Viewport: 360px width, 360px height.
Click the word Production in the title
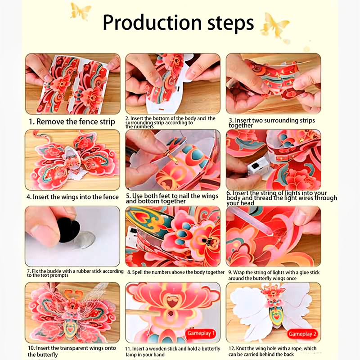tap(152, 23)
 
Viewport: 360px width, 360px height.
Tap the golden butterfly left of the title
tap(80, 11)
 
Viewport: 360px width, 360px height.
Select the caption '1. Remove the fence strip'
tap(72, 121)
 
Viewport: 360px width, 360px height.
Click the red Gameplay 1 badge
tap(201, 333)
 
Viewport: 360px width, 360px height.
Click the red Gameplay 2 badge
tap(302, 334)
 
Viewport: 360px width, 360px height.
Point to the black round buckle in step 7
tap(69, 230)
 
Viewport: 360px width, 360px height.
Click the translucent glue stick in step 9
tap(250, 221)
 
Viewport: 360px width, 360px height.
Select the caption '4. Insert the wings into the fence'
tap(72, 197)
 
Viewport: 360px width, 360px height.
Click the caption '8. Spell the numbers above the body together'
tap(175, 272)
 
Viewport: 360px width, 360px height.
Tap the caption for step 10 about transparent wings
tap(72, 351)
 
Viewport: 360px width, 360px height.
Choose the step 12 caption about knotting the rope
tap(273, 351)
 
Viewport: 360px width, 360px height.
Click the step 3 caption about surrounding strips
tap(272, 123)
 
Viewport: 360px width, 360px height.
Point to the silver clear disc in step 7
tap(85, 239)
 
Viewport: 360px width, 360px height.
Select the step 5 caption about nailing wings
tap(172, 198)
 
